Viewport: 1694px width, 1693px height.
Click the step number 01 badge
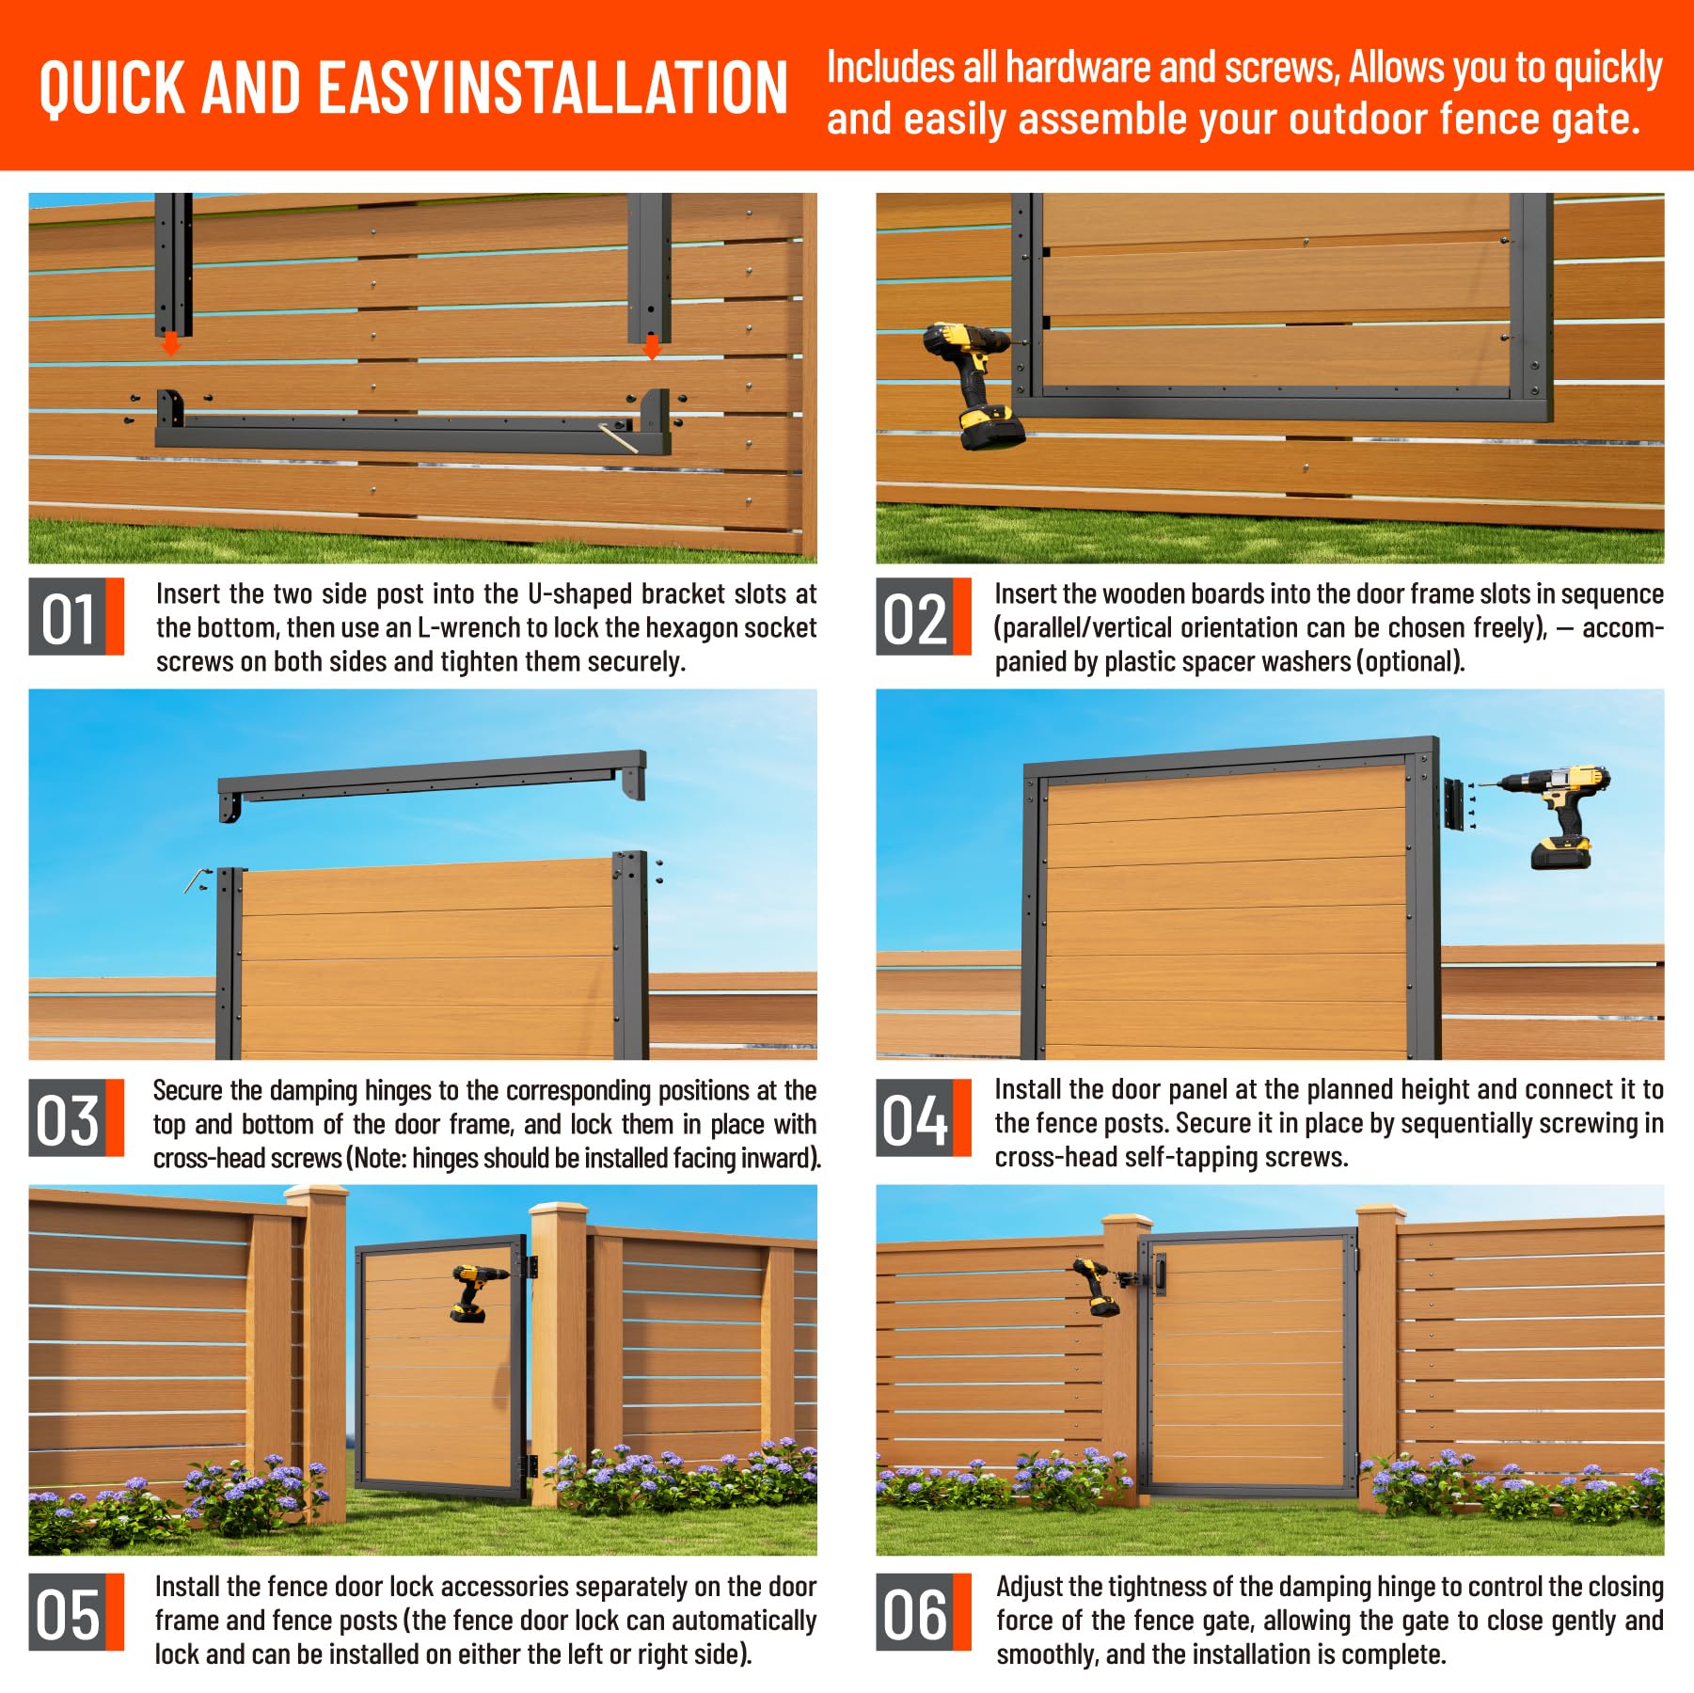pyautogui.click(x=76, y=616)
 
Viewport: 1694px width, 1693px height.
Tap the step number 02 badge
pyautogui.click(x=923, y=616)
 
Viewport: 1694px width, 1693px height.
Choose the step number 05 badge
pyautogui.click(x=76, y=1612)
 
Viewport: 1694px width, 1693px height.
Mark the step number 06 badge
pyautogui.click(x=923, y=1612)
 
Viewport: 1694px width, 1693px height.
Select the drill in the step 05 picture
pyautogui.click(x=477, y=1291)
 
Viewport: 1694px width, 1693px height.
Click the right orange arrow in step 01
pyautogui.click(x=651, y=347)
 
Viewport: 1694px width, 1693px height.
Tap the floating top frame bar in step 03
pyautogui.click(x=433, y=780)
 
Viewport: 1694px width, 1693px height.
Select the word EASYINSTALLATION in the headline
pyautogui.click(x=553, y=87)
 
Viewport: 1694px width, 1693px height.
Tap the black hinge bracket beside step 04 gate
pyautogui.click(x=1455, y=804)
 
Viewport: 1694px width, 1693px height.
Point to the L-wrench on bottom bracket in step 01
pyautogui.click(x=618, y=438)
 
